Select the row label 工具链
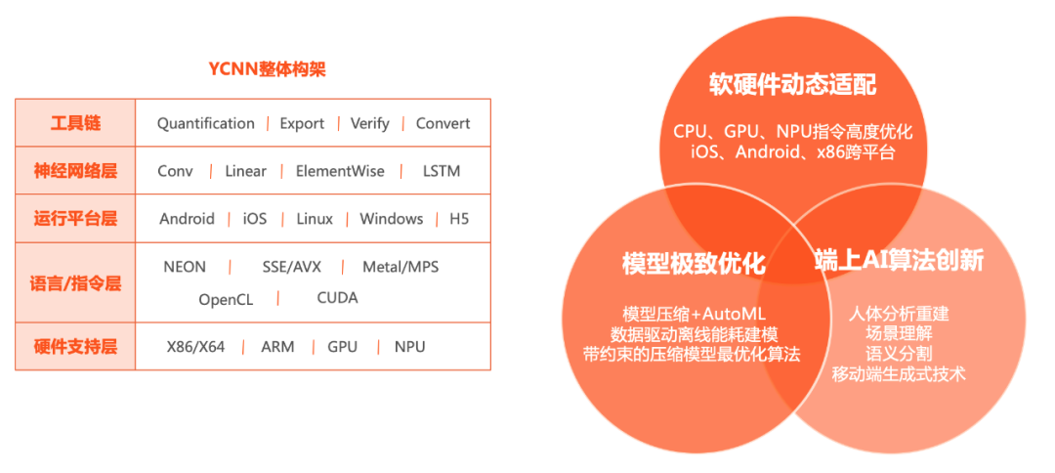[75, 124]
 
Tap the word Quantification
[206, 123]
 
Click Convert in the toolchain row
[443, 123]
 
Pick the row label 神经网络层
[75, 171]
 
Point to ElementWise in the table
[340, 171]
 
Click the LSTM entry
[442, 171]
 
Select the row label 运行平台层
[75, 219]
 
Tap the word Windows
[391, 219]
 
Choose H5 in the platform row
[459, 219]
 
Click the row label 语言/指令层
[75, 283]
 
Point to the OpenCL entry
[226, 299]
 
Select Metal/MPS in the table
[401, 267]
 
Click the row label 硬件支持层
[75, 347]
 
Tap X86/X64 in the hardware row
[195, 347]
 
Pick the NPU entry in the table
[410, 347]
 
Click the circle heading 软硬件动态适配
[792, 85]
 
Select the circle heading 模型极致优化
[693, 264]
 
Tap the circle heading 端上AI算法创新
[899, 261]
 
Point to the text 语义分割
[899, 354]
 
